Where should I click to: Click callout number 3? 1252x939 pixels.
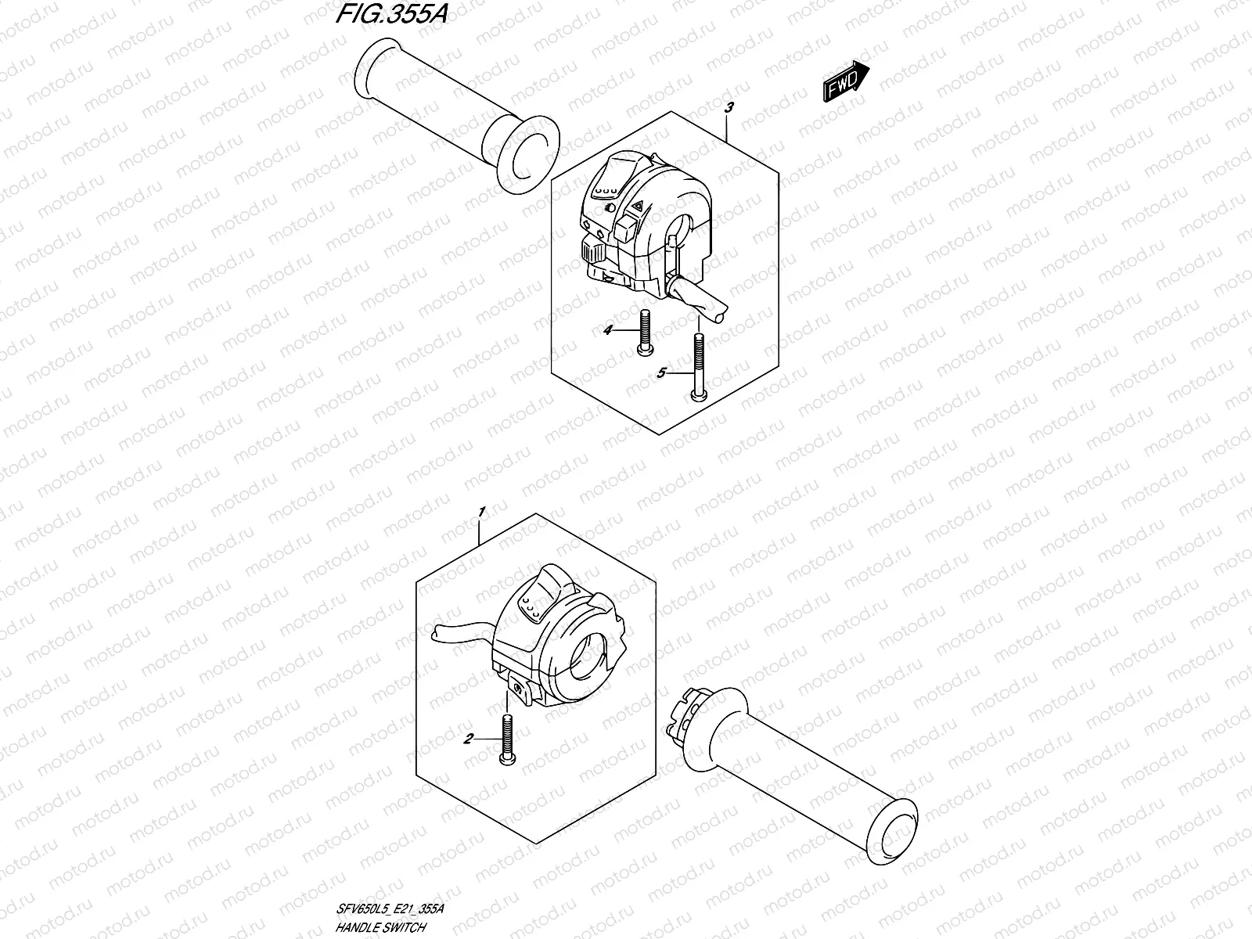(x=729, y=109)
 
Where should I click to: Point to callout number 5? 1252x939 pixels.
(x=660, y=374)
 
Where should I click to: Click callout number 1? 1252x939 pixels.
(x=482, y=512)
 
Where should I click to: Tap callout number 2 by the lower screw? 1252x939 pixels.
(x=467, y=738)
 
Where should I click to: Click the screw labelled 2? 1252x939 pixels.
(x=507, y=739)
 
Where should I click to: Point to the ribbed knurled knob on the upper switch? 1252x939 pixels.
(x=591, y=251)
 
